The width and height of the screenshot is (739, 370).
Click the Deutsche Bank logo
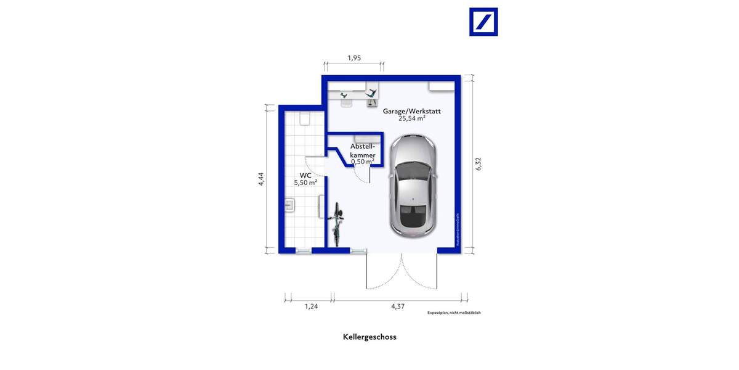click(x=483, y=22)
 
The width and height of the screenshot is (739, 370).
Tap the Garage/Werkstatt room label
click(x=412, y=111)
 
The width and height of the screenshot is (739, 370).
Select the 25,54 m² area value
click(x=412, y=118)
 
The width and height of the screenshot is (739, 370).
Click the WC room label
click(x=305, y=175)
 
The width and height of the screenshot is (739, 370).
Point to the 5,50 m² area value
click(x=305, y=183)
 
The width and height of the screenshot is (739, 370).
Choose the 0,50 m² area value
click(x=363, y=162)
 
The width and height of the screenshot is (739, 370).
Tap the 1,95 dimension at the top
click(x=353, y=58)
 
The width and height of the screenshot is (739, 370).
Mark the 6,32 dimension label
click(x=479, y=164)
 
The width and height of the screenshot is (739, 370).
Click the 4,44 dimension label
click(x=261, y=178)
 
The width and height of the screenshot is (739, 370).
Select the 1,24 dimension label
click(x=312, y=306)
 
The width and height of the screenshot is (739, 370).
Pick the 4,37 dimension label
click(x=398, y=306)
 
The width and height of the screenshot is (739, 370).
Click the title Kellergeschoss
click(x=369, y=337)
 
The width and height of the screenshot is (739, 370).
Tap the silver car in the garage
click(x=413, y=185)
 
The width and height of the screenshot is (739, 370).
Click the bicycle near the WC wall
click(x=337, y=225)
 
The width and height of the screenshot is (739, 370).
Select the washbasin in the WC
click(x=289, y=205)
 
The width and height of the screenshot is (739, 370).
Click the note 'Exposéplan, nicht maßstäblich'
click(x=454, y=313)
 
